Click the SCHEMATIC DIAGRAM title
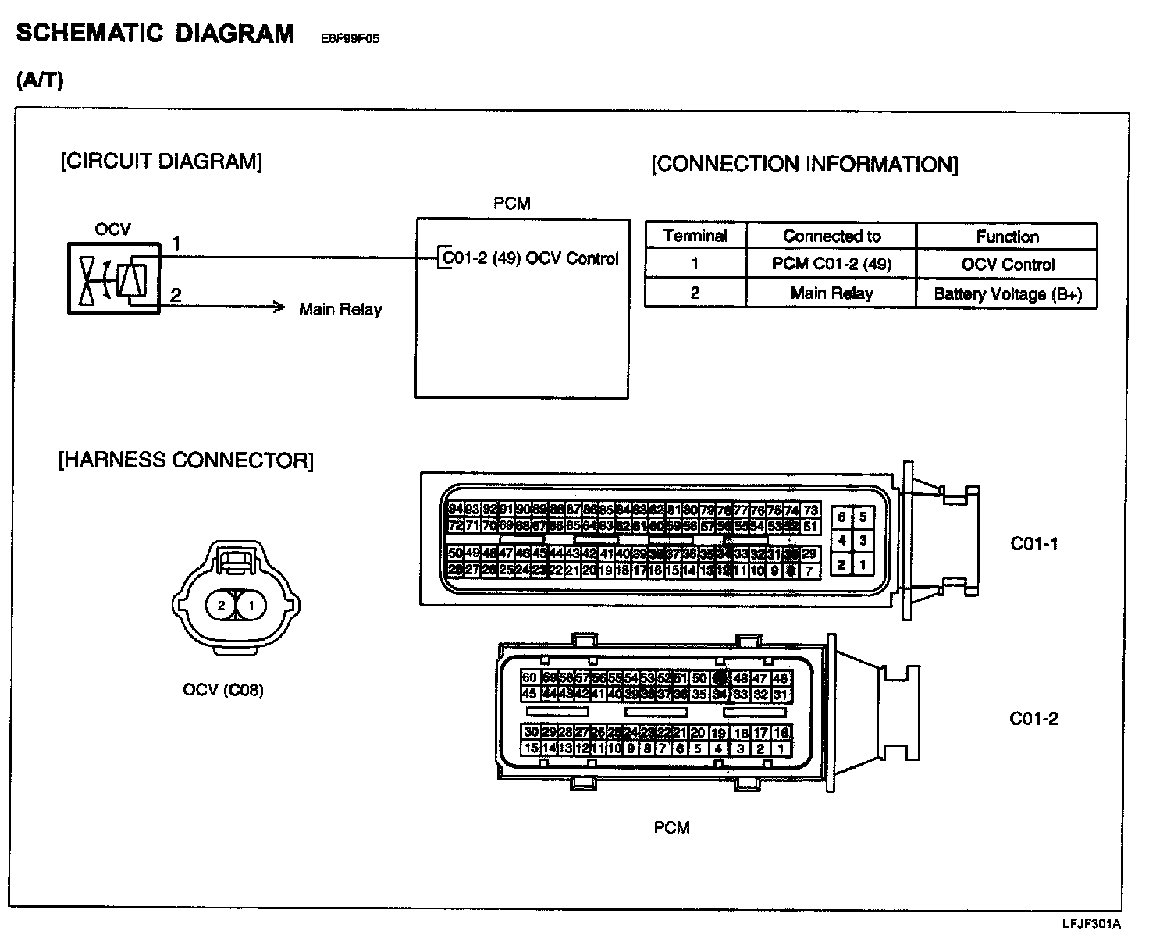click(x=155, y=34)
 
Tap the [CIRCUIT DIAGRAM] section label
click(x=161, y=162)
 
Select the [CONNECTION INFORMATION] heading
click(x=805, y=164)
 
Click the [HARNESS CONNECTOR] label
click(x=186, y=460)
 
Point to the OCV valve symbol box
click(x=114, y=279)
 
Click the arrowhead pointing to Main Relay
click(x=279, y=307)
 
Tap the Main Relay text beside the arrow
click(x=340, y=309)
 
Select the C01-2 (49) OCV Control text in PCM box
click(x=530, y=258)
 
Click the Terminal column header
click(x=695, y=236)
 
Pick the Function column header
click(x=1007, y=236)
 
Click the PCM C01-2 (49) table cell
click(x=831, y=264)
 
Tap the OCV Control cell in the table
click(x=1007, y=265)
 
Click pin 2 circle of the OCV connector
click(x=222, y=605)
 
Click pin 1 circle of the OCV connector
click(x=251, y=605)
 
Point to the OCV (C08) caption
click(x=223, y=690)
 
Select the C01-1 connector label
click(x=1034, y=544)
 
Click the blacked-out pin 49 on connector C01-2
click(x=720, y=677)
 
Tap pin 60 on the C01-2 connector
click(x=529, y=677)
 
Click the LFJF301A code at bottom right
click(x=1091, y=925)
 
